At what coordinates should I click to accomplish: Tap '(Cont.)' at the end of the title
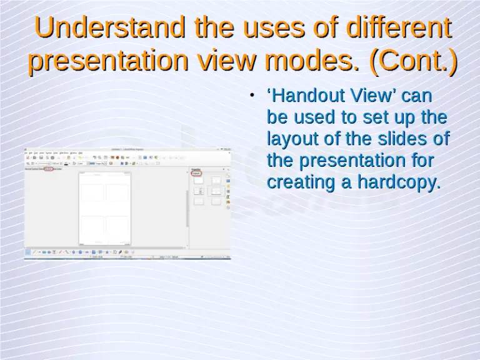point(413,61)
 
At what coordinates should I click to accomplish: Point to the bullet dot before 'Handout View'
point(251,96)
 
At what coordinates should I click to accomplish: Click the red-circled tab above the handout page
point(48,168)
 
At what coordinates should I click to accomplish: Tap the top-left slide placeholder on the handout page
point(92,192)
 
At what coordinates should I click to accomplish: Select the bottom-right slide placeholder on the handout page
point(117,225)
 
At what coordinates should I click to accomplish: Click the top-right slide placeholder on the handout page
point(117,192)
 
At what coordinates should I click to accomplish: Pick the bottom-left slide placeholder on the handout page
point(92,225)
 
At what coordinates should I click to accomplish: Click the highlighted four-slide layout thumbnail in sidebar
point(216,191)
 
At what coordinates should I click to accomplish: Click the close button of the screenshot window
point(228,149)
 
